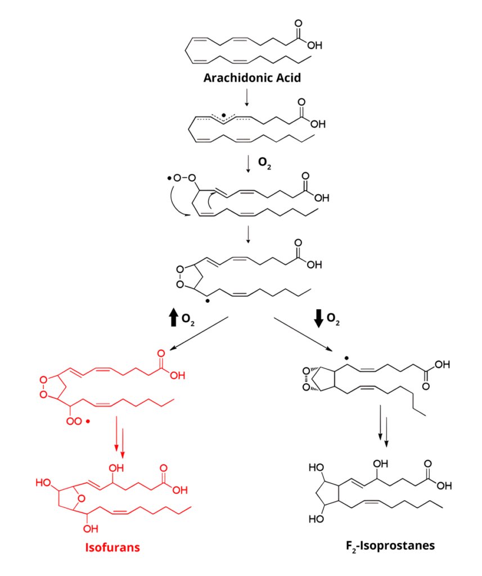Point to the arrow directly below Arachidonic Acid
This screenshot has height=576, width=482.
point(247,97)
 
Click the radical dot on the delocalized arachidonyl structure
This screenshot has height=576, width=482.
point(224,116)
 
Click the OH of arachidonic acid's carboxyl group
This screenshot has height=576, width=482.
point(314,46)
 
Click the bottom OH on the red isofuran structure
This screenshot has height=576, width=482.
point(91,528)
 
